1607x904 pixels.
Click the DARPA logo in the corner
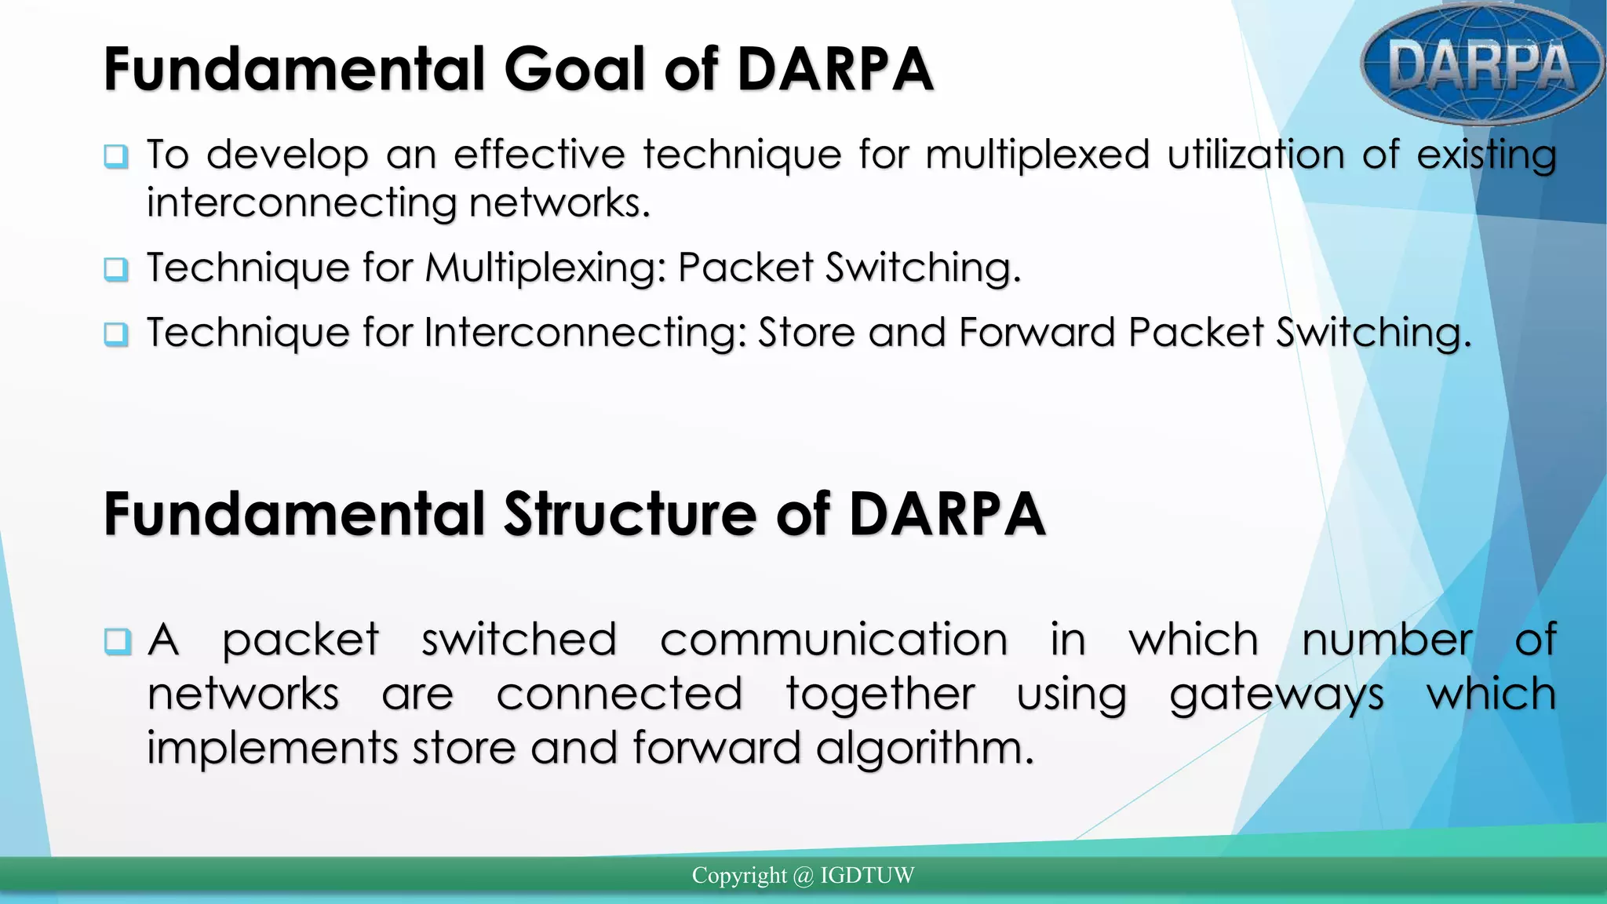pyautogui.click(x=1481, y=64)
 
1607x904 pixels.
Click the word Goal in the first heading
pyautogui.click(x=577, y=69)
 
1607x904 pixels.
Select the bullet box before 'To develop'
pyautogui.click(x=116, y=155)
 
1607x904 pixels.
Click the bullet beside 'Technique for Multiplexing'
pyautogui.click(x=116, y=269)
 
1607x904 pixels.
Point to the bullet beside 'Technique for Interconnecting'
pyautogui.click(x=116, y=334)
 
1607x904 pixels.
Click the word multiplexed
pyautogui.click(x=1037, y=155)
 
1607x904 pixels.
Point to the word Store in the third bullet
pyautogui.click(x=806, y=333)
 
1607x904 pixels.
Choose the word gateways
pyautogui.click(x=1277, y=695)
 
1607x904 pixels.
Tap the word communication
pyautogui.click(x=833, y=640)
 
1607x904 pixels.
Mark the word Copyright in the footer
pyautogui.click(x=738, y=876)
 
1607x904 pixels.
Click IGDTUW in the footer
pyautogui.click(x=867, y=876)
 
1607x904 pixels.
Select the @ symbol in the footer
pyautogui.click(x=803, y=876)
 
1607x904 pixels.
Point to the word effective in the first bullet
pyautogui.click(x=539, y=155)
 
